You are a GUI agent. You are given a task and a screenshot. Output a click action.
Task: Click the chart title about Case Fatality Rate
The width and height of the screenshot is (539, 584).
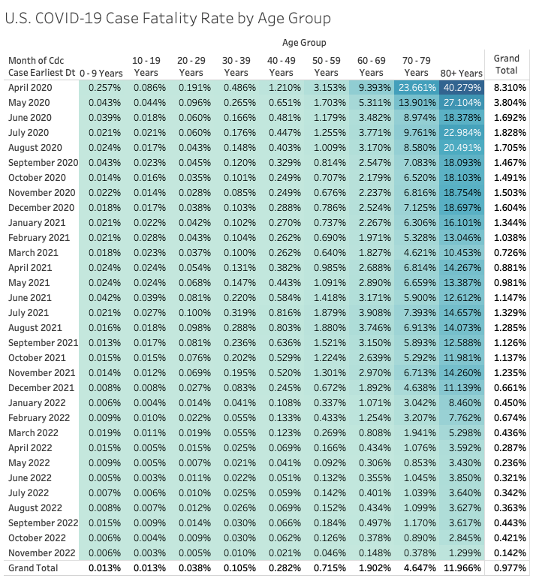(x=168, y=17)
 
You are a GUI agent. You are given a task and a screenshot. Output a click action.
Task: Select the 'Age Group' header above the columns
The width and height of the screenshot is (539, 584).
(x=305, y=43)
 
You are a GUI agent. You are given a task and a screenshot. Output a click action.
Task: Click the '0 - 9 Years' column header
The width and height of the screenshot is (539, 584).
(x=101, y=73)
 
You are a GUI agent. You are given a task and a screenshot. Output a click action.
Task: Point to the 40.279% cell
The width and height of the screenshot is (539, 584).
(x=462, y=87)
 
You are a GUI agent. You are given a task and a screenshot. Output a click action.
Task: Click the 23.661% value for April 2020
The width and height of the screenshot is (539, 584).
(x=417, y=87)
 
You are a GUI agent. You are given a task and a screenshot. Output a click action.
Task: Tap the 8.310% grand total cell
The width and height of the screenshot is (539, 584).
(x=510, y=87)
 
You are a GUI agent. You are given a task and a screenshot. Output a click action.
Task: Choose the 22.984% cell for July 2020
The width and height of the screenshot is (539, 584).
(x=462, y=132)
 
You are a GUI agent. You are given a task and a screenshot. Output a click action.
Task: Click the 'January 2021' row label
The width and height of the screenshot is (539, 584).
(x=38, y=222)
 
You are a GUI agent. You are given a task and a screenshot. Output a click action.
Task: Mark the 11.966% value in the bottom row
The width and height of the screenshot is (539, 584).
(x=462, y=567)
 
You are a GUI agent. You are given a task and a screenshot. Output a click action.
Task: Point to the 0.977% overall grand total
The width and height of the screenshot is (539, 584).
(x=510, y=567)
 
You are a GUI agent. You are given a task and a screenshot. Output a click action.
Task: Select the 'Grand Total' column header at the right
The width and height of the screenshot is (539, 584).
(x=507, y=65)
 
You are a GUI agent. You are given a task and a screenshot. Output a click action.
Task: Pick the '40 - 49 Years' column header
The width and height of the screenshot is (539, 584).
(x=282, y=66)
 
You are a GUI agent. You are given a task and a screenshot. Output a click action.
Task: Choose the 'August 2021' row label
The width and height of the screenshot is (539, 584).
(x=38, y=327)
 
